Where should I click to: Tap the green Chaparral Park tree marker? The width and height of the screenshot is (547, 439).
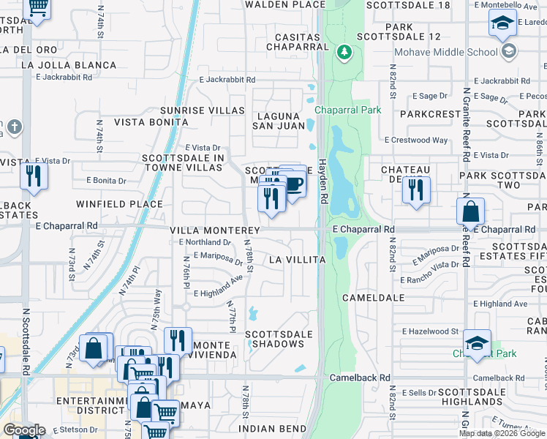344,53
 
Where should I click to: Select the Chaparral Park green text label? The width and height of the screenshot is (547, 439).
348,110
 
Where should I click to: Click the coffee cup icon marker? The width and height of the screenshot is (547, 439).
294,184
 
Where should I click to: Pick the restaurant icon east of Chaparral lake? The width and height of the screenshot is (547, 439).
415,190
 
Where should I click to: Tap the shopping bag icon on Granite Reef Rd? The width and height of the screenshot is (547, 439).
471,211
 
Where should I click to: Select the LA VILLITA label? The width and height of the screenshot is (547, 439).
296,260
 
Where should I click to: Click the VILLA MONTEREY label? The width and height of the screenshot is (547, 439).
211,230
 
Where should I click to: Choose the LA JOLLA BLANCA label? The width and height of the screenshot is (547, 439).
69,65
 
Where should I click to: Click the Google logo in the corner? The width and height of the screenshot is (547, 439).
24,430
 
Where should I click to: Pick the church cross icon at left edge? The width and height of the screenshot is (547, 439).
15,127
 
